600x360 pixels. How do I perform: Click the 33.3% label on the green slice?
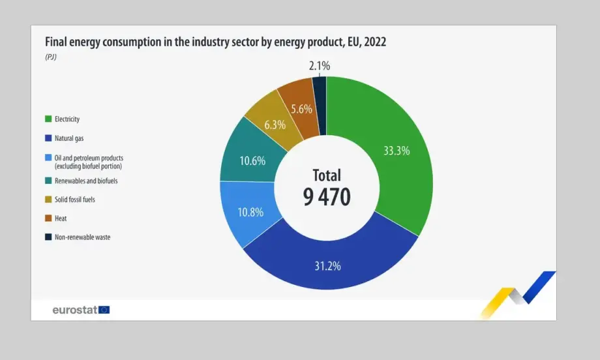coord(397,151)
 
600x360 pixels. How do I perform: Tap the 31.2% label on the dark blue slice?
coord(327,265)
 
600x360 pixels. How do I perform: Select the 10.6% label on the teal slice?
coord(252,160)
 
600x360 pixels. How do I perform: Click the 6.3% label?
coord(275,125)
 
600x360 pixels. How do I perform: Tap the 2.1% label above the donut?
coord(320,65)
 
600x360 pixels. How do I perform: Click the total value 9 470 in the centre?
coord(327,196)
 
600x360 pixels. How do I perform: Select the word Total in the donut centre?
coord(327,175)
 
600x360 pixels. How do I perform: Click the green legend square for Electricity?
coord(48,119)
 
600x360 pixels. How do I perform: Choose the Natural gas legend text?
coord(69,138)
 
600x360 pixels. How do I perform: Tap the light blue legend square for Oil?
coord(48,158)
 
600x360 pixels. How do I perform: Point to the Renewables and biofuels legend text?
coord(86,181)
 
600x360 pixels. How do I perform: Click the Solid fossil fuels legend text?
coord(75,200)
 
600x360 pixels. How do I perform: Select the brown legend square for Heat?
coord(48,218)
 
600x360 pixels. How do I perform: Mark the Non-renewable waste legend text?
coord(82,237)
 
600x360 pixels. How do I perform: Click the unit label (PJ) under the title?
coord(51,57)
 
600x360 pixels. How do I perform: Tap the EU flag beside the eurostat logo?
coord(104,310)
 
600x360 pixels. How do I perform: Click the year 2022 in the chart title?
coord(374,42)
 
